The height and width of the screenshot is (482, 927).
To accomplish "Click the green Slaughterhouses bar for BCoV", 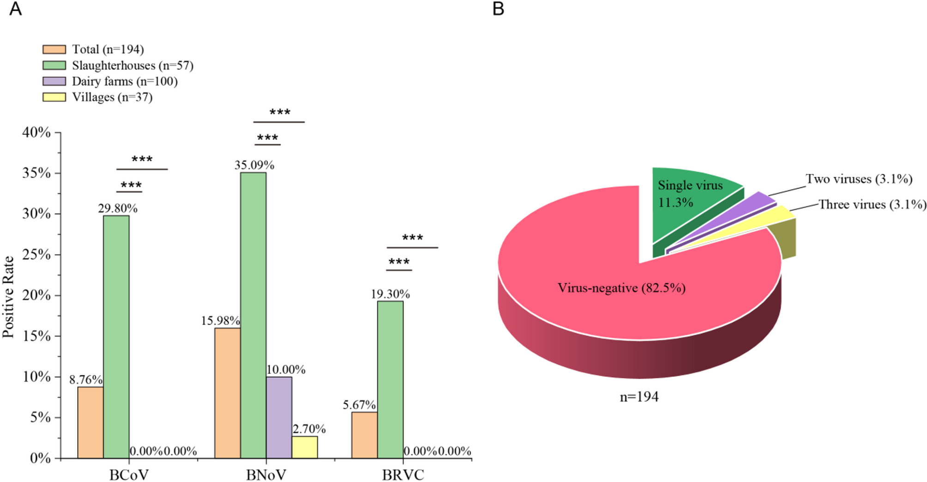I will pos(116,337).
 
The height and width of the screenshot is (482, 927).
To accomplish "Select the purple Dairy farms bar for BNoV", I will pos(279,417).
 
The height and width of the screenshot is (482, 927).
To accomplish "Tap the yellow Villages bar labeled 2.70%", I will pos(305,447).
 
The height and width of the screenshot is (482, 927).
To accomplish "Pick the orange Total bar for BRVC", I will pos(364,435).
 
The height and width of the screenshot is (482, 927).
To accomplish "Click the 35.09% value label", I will pos(254,165).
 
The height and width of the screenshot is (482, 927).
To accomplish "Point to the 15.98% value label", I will pos(220,320).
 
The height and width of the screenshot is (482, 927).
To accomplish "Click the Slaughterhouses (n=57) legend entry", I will pos(132,66).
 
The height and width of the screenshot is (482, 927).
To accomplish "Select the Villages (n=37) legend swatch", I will pos(54,97).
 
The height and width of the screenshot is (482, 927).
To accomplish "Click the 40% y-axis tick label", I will pos(36,133).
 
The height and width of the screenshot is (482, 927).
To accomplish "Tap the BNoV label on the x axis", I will pos(266,475).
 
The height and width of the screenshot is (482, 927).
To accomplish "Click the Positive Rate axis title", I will pos(8,297).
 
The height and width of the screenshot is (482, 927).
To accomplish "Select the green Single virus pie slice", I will pos(688,199).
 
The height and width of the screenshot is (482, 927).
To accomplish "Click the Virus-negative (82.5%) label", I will pos(621,288).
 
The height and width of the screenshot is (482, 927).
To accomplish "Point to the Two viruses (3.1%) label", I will pos(859,179).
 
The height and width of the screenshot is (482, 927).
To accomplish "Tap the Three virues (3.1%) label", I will pos(872,205).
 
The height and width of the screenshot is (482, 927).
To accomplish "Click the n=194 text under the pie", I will pos(639,397).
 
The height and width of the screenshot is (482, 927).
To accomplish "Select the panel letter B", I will pos(498,9).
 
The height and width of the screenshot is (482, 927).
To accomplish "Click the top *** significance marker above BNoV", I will pos(280,113).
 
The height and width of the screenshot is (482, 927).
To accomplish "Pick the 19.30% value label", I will pos(390,294).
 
